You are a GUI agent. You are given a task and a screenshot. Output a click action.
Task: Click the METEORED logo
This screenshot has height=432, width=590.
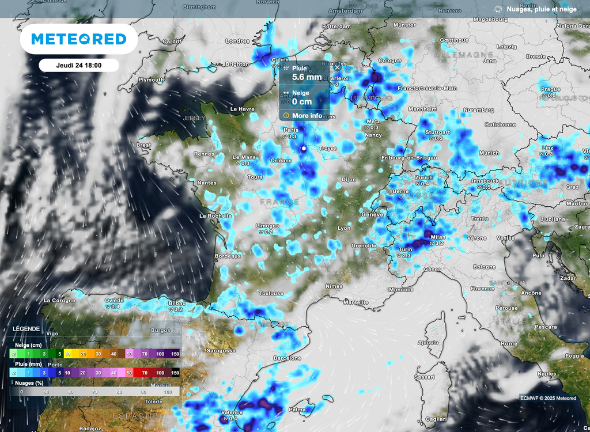point(78,39)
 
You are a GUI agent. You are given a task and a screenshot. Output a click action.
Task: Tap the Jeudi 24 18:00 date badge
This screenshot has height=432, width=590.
point(79,65)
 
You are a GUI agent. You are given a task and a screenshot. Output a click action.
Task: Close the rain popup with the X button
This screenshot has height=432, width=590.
point(337,67)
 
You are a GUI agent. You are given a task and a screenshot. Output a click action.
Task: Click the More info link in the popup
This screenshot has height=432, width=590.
point(307,115)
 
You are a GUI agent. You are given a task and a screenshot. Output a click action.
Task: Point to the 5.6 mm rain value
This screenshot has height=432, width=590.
point(307,77)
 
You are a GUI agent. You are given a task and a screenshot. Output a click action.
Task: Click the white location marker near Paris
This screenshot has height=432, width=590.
point(304,148)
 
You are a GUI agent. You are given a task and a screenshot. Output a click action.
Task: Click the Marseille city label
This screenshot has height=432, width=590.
point(355,302)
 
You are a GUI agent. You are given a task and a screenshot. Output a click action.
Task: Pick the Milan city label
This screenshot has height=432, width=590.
point(438,237)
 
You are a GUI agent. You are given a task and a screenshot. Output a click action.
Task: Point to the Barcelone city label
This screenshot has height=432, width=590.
point(288,358)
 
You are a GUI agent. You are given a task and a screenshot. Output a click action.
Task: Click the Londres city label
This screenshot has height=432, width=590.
point(237,41)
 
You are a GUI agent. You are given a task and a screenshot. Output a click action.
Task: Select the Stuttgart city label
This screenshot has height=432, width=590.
point(437,132)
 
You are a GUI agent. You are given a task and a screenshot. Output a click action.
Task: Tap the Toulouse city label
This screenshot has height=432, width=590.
point(271,293)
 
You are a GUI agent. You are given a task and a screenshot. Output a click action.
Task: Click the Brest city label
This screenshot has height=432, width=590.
point(143,145)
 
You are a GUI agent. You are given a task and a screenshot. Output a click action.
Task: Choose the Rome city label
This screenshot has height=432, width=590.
point(509,343)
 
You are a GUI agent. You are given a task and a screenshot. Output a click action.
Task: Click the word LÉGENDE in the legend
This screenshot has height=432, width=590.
point(27,329)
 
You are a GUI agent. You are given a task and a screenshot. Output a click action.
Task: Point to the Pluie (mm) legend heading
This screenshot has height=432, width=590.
point(27,365)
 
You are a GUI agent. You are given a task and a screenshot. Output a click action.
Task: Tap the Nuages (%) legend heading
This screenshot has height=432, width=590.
point(28,382)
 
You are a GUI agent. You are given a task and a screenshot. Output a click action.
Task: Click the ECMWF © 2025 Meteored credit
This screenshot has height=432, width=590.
point(547,398)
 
